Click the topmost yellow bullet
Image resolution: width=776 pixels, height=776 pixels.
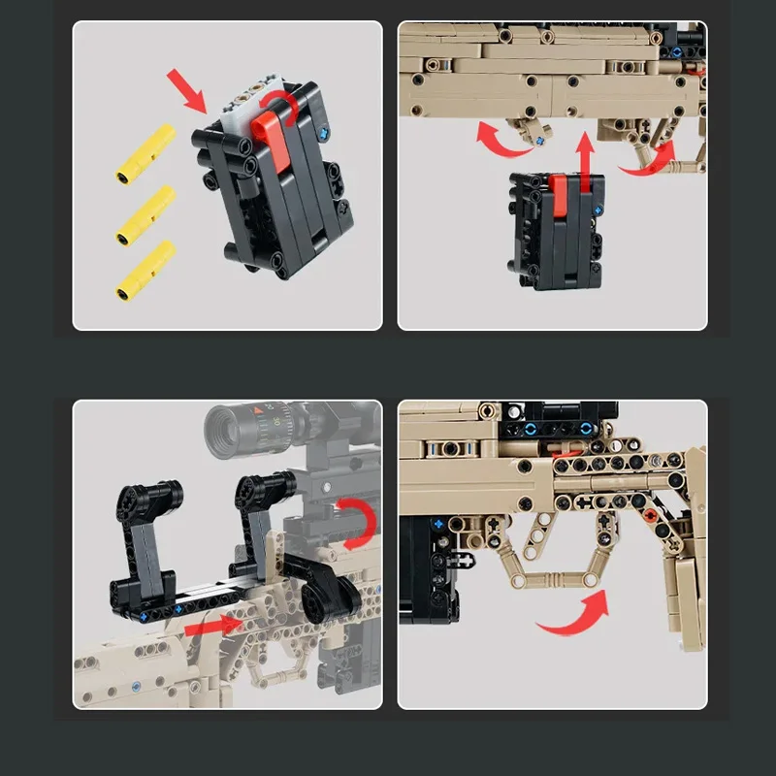coord(145,155)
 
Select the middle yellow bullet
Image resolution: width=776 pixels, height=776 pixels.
coord(145,214)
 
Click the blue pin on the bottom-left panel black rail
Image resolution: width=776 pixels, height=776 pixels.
coord(145,615)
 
